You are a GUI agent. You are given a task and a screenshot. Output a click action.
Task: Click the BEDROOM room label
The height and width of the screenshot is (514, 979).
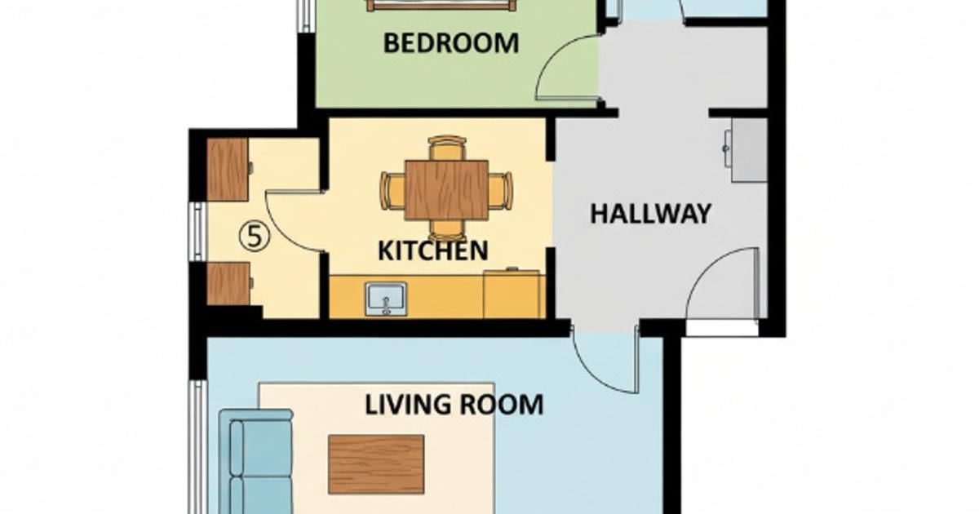(x=450, y=42)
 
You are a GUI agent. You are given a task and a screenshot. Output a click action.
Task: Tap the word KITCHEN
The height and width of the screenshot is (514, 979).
(x=432, y=250)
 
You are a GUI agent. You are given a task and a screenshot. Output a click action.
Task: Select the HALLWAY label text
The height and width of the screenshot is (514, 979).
(x=650, y=214)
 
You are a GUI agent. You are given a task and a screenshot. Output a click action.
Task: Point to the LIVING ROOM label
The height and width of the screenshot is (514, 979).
(x=454, y=404)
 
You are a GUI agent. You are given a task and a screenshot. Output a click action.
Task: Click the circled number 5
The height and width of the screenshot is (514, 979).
(x=254, y=237)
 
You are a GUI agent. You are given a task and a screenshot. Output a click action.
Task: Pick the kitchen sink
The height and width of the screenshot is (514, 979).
(x=386, y=298)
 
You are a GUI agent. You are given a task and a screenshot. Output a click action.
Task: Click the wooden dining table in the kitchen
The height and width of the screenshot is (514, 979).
(x=446, y=190)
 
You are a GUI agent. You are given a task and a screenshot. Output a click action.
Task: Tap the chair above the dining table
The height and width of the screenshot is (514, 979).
(x=447, y=148)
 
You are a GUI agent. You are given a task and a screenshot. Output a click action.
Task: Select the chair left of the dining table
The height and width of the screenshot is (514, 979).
(x=392, y=191)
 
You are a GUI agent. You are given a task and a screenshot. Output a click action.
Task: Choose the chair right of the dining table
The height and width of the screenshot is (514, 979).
(x=501, y=191)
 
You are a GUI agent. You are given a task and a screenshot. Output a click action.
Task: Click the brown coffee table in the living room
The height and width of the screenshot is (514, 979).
(x=376, y=464)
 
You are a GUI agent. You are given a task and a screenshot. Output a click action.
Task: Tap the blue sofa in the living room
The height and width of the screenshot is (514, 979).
(x=258, y=461)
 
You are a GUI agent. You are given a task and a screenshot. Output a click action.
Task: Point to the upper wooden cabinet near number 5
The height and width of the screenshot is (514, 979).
(x=228, y=169)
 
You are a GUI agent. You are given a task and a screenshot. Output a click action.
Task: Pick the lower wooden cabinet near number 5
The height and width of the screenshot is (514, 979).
(x=228, y=284)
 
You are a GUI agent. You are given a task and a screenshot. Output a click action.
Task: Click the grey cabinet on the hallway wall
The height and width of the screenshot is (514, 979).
(x=748, y=150)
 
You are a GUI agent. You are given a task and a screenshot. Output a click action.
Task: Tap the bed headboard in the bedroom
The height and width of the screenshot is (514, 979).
(x=441, y=5)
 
